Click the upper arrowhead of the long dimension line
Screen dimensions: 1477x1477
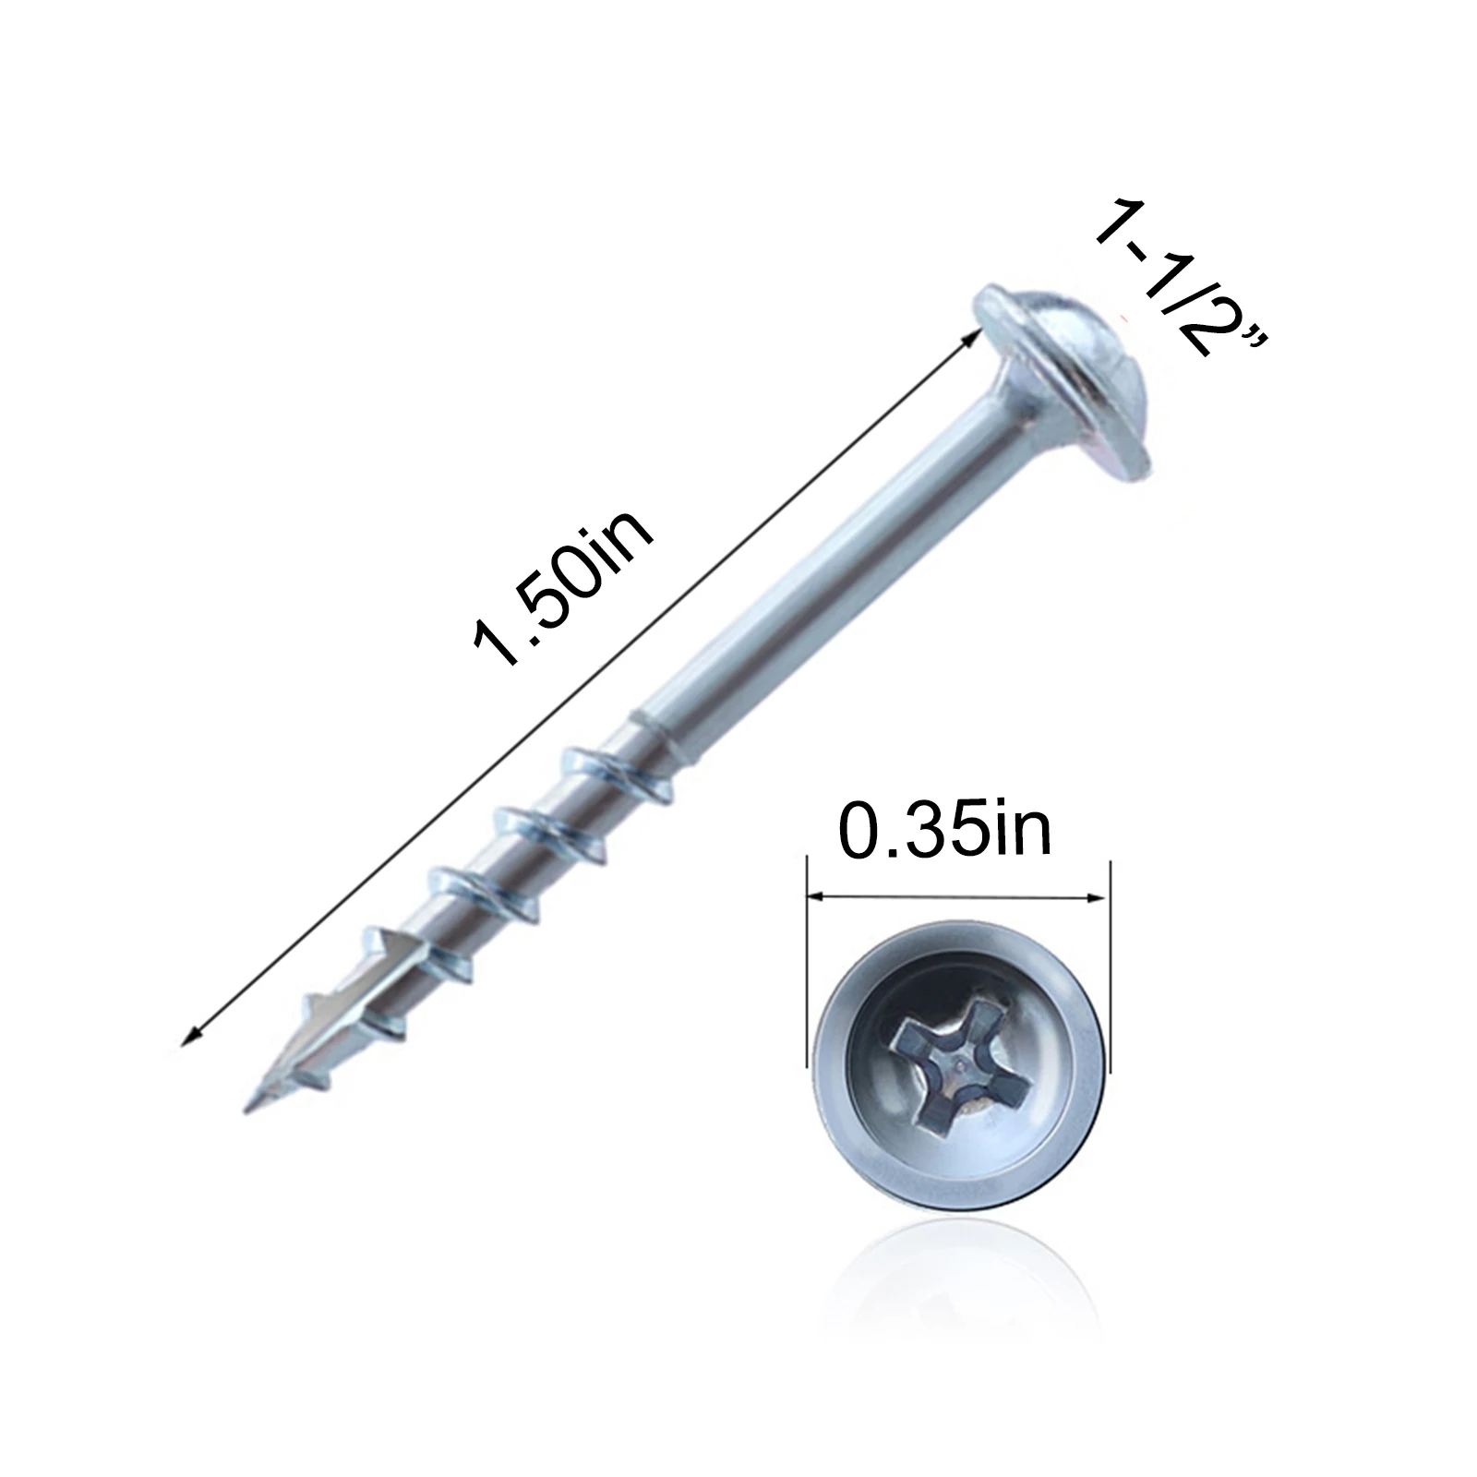tap(971, 339)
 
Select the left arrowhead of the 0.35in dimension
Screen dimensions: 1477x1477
tap(816, 896)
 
